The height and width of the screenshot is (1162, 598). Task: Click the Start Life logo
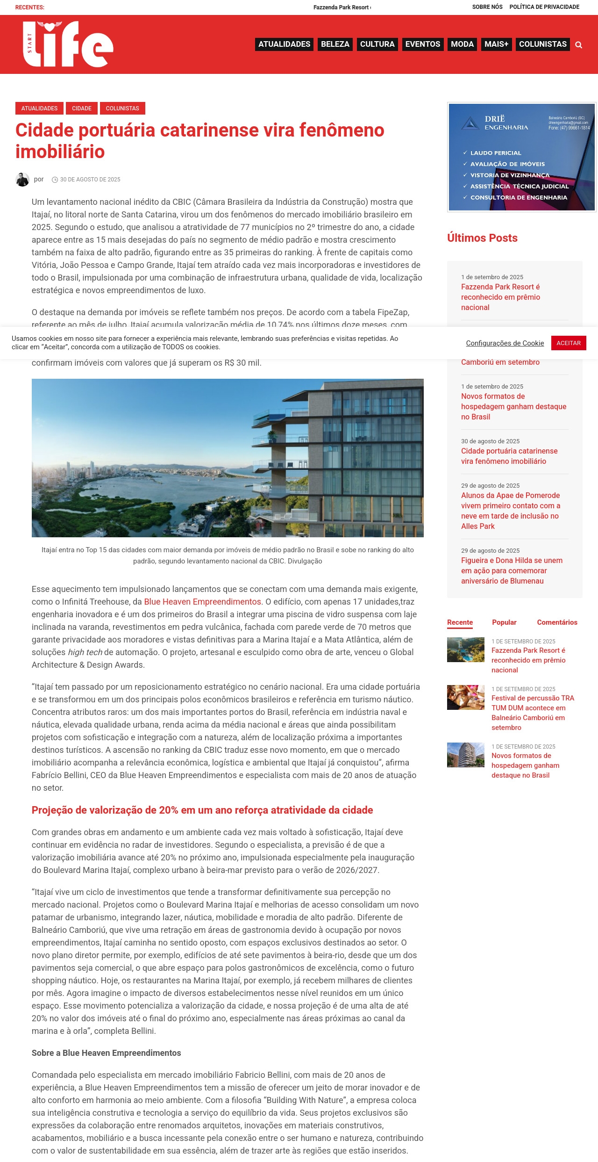pos(68,44)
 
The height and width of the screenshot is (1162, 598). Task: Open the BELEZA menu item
pos(335,44)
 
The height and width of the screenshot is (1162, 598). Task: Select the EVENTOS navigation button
pos(422,44)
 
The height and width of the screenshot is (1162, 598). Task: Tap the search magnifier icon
pos(579,45)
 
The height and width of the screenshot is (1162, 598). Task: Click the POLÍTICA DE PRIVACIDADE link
pos(544,7)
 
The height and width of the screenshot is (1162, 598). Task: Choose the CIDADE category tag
pos(82,108)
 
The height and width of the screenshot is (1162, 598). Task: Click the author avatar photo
pos(22,180)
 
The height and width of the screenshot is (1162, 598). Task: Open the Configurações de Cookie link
pos(505,343)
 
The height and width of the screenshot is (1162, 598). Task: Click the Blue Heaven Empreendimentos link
pos(202,602)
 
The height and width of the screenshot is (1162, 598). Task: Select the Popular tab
pos(504,622)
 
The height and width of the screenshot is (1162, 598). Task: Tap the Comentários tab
pos(557,622)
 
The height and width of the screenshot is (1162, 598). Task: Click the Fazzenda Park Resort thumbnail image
pos(465,650)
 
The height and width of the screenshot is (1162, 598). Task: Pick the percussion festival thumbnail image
pos(465,698)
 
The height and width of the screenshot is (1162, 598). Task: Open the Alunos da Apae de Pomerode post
pos(510,511)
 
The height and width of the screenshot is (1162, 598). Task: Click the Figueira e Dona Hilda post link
pos(512,570)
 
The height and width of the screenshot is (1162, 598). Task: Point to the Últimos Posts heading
pos(482,238)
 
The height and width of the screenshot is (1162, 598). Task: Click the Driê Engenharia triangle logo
pos(470,123)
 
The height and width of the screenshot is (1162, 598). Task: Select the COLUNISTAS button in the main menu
pos(542,44)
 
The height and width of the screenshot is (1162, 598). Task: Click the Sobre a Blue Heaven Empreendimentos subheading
pos(107,1053)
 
